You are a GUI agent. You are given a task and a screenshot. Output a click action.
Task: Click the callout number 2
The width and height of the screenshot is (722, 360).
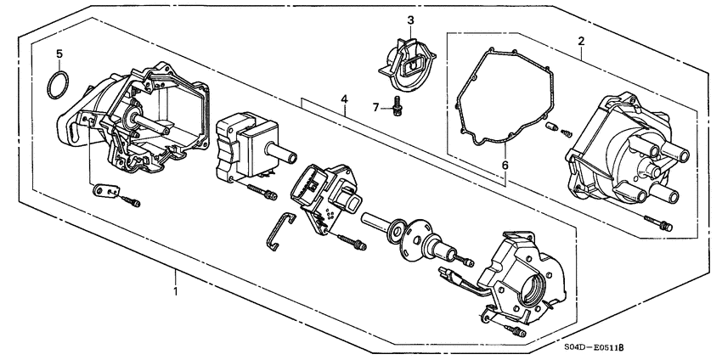point(581,41)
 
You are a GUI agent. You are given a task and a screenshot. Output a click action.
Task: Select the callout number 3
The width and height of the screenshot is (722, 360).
point(410,20)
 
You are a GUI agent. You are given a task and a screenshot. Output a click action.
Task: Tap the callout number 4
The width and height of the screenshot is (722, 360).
point(345,100)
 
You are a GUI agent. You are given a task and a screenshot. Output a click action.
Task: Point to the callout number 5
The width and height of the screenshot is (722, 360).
point(59,53)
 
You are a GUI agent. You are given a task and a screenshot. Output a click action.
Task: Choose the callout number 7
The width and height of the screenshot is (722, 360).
point(375,107)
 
